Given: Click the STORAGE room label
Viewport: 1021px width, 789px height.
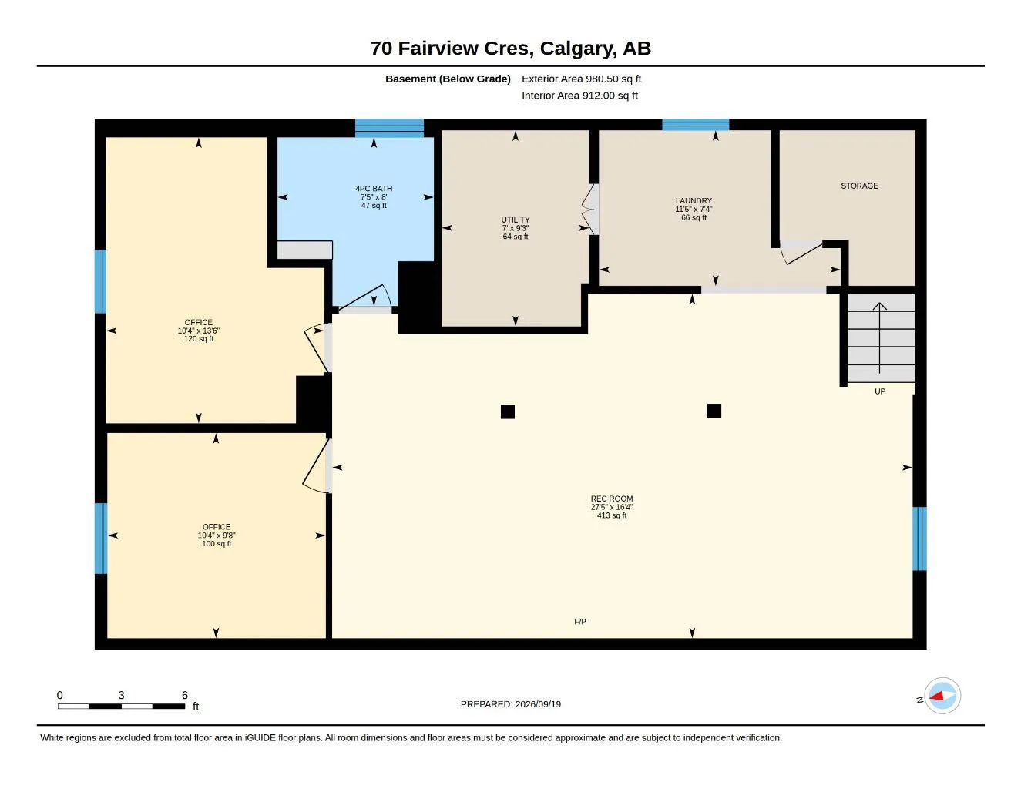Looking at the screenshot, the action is coord(859,186).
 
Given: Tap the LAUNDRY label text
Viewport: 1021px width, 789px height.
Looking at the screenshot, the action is coord(694,200).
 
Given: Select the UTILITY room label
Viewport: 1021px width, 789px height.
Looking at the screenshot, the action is coord(515,220).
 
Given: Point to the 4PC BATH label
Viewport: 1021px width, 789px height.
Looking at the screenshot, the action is coord(374,188).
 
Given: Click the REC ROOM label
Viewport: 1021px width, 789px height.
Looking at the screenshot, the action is coord(611,499).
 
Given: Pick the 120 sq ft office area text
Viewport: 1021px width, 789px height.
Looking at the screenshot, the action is coord(198,338).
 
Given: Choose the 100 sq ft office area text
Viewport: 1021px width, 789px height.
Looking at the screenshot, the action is coord(216,543).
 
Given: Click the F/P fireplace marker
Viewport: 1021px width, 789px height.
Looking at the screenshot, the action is coord(579,621).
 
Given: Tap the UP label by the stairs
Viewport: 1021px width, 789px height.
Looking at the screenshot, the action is coord(879,391).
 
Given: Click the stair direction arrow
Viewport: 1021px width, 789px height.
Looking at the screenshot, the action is coord(879,338).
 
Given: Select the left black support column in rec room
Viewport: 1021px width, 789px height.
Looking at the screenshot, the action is coord(508,411).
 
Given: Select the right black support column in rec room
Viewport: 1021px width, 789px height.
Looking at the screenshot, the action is coord(714,411).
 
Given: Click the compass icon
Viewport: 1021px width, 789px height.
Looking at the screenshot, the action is coord(942,696).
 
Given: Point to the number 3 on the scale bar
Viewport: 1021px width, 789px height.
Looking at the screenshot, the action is coord(121,695).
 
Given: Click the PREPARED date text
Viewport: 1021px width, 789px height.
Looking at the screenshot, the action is coord(510,704).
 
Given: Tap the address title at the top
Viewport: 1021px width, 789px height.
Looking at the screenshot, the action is coord(510,48).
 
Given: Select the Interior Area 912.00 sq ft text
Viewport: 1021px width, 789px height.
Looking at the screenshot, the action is coord(579,96).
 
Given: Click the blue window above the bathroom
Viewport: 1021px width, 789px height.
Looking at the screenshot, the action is coord(389,128).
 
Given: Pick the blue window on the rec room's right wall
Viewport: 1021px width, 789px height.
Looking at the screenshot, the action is coord(919,539).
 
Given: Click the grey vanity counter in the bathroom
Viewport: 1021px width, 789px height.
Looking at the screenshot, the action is coord(304,250).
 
